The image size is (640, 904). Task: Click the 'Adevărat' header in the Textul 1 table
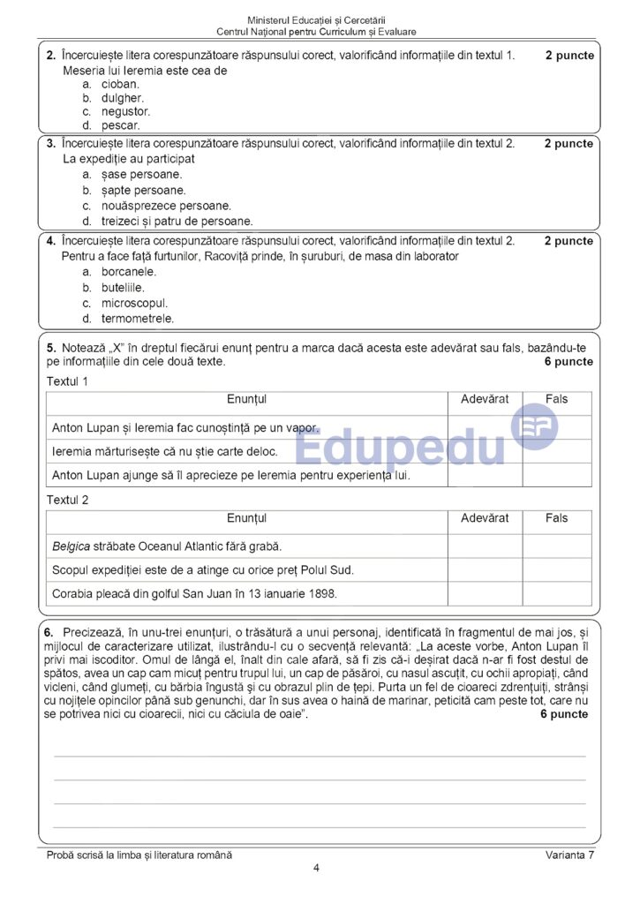(x=485, y=400)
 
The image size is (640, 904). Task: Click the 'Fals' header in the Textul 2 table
(x=556, y=518)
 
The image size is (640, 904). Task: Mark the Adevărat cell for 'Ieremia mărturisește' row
(x=485, y=451)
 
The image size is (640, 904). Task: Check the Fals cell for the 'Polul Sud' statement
(x=556, y=570)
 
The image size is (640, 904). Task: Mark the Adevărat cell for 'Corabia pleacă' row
(x=485, y=594)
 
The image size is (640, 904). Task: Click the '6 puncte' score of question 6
(x=563, y=714)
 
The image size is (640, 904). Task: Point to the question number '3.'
(x=51, y=143)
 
